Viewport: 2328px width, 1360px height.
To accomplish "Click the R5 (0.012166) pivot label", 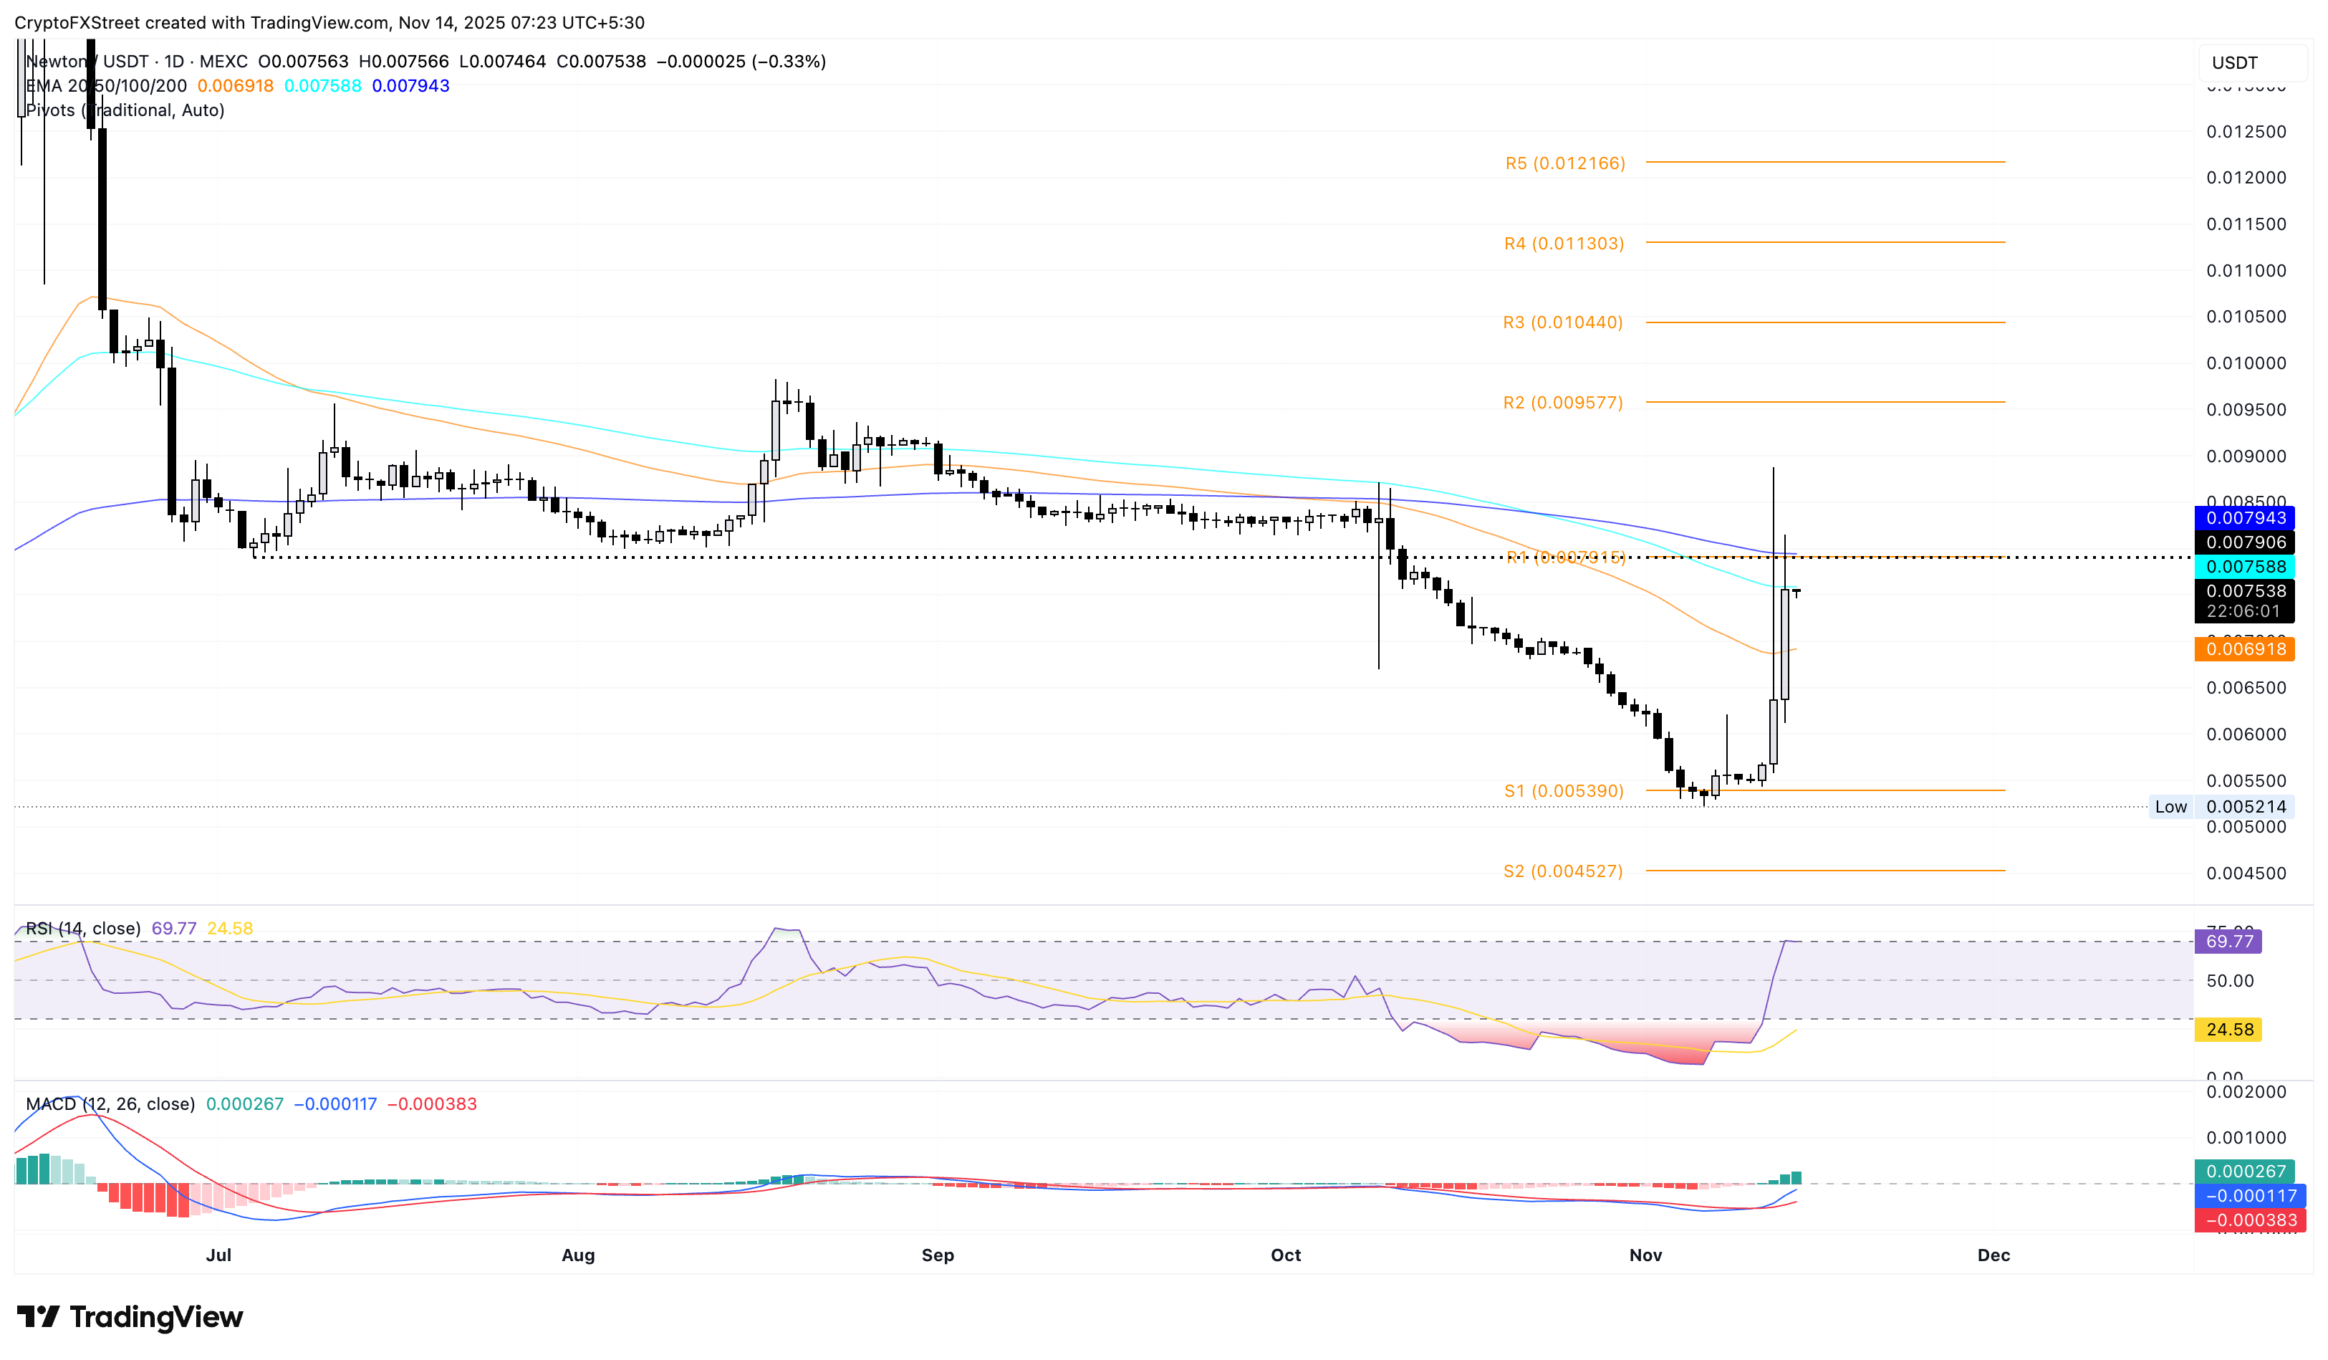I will pos(1565,163).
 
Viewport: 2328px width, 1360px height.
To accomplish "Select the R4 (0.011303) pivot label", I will pos(1563,244).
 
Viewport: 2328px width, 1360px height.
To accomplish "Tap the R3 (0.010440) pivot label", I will pos(1562,322).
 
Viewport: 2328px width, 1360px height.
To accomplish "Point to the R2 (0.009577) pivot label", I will pos(1562,403).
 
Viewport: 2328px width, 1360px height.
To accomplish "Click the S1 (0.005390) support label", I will pos(1563,791).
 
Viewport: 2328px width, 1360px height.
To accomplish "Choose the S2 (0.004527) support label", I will pos(1562,871).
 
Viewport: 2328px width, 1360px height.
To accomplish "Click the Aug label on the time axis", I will pos(578,1255).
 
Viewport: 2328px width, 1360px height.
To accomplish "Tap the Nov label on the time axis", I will pos(1645,1255).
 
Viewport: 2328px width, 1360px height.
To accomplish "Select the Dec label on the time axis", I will pos(1993,1255).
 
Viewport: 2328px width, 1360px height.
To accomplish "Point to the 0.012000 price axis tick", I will pos(2246,178).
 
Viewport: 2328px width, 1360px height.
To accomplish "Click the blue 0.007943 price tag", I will pos(2245,518).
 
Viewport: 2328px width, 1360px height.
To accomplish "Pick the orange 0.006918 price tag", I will pos(2245,648).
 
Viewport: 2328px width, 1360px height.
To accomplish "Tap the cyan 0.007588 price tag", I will pos(2245,566).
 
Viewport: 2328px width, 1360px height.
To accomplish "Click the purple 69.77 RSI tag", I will pos(2228,942).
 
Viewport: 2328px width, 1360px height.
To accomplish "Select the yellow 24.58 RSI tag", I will pos(2228,1029).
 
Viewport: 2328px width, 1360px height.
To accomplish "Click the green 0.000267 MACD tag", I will pos(2245,1172).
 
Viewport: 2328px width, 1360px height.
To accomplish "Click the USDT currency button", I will pos(2235,63).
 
